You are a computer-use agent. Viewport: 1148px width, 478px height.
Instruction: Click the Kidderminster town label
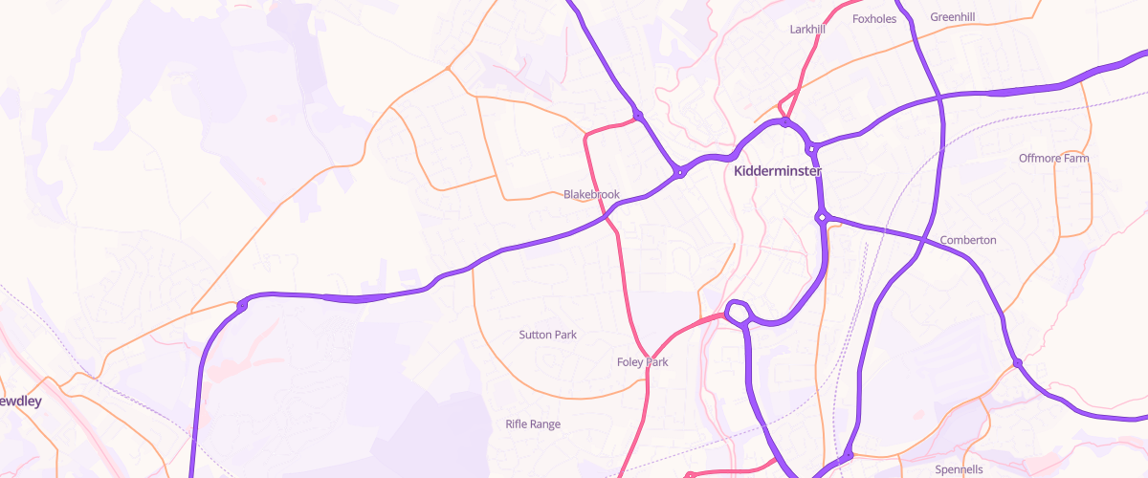point(778,172)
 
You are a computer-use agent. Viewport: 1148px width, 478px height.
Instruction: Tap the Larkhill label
point(807,30)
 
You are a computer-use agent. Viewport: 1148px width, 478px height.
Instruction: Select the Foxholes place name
point(874,18)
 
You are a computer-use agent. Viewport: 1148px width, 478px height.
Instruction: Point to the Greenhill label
point(954,16)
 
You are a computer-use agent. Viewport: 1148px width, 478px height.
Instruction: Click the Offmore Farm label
point(1054,158)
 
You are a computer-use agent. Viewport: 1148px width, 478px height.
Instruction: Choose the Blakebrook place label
point(591,194)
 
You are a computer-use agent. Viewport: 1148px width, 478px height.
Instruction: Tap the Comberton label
point(968,240)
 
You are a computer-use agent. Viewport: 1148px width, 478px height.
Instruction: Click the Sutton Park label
point(547,335)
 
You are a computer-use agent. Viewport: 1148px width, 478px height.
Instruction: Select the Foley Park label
point(643,362)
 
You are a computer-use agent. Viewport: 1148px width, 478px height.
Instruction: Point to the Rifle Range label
point(533,424)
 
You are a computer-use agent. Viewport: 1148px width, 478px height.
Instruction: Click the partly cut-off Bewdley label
point(20,402)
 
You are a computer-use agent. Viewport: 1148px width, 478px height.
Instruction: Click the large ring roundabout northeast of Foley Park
point(738,312)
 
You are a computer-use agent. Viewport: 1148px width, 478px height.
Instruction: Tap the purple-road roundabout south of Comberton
point(1018,362)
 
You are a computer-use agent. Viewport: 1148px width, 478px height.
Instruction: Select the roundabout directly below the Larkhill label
point(785,122)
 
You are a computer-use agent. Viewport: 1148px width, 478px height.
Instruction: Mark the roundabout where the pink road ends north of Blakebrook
point(638,117)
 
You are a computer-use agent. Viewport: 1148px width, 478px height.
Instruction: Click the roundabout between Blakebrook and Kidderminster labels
point(679,173)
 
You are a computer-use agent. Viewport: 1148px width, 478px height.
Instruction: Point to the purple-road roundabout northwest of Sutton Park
point(242,305)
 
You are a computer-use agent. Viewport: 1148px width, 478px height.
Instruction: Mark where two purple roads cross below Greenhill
point(940,97)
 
